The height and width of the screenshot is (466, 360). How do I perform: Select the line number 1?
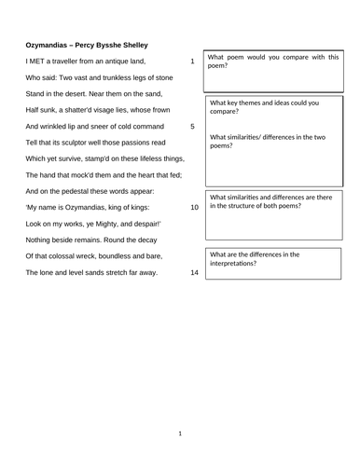(192, 62)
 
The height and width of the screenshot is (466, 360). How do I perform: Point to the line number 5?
(192, 126)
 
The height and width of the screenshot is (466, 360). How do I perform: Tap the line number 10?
(194, 207)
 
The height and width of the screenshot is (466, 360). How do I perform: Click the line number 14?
(194, 272)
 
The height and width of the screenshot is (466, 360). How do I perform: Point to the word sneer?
(97, 126)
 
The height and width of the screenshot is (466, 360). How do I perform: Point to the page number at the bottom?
(180, 433)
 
